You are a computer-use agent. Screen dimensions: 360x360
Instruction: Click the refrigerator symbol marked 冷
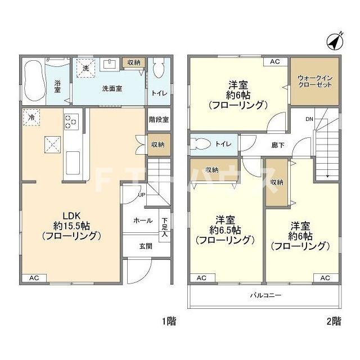(x=31, y=118)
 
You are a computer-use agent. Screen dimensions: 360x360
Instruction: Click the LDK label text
(x=72, y=216)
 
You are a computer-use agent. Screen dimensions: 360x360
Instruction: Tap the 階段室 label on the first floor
(x=159, y=120)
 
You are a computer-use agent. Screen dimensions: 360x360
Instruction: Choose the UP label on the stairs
(x=141, y=195)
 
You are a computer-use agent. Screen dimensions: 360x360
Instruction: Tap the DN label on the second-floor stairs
(x=309, y=119)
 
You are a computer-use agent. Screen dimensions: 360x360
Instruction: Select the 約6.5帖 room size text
(x=225, y=230)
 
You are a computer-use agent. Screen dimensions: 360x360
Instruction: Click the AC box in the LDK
(x=34, y=278)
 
